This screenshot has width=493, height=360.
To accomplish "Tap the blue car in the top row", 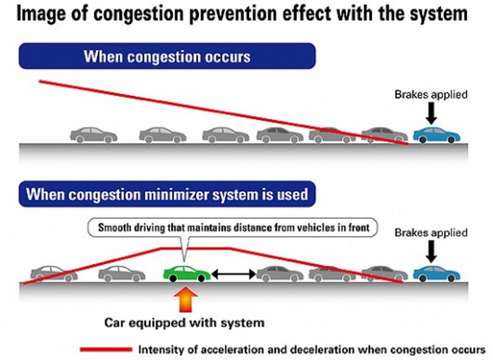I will point(437,135).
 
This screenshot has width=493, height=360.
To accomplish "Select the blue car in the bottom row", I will point(437,274).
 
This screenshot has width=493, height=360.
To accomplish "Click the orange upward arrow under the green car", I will point(186,302).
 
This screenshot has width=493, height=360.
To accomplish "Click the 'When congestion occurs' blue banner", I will point(167,56).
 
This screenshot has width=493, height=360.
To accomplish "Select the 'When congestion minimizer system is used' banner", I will point(167,194).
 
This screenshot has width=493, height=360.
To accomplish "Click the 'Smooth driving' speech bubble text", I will point(233,227).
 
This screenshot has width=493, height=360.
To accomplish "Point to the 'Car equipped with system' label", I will point(184,323).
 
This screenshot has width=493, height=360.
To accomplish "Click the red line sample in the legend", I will point(106,350).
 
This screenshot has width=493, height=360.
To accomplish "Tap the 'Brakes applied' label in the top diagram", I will point(431,95).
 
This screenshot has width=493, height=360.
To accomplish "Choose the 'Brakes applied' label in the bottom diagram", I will point(431,233).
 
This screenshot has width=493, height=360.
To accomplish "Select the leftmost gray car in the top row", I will point(94,135).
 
